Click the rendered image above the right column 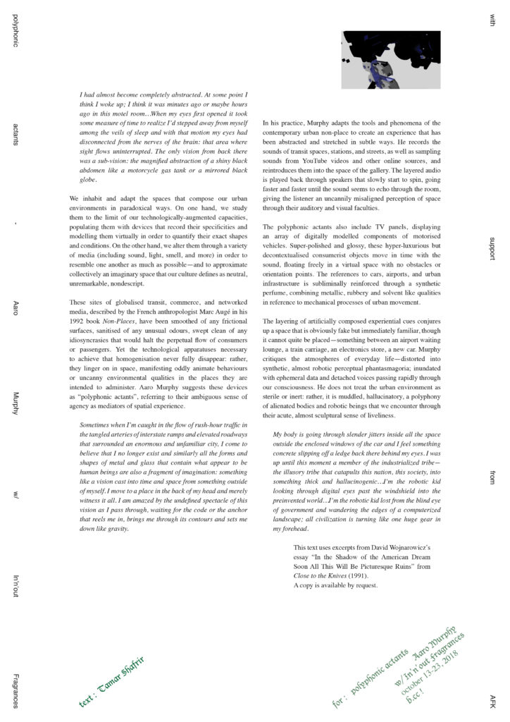(390, 64)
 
